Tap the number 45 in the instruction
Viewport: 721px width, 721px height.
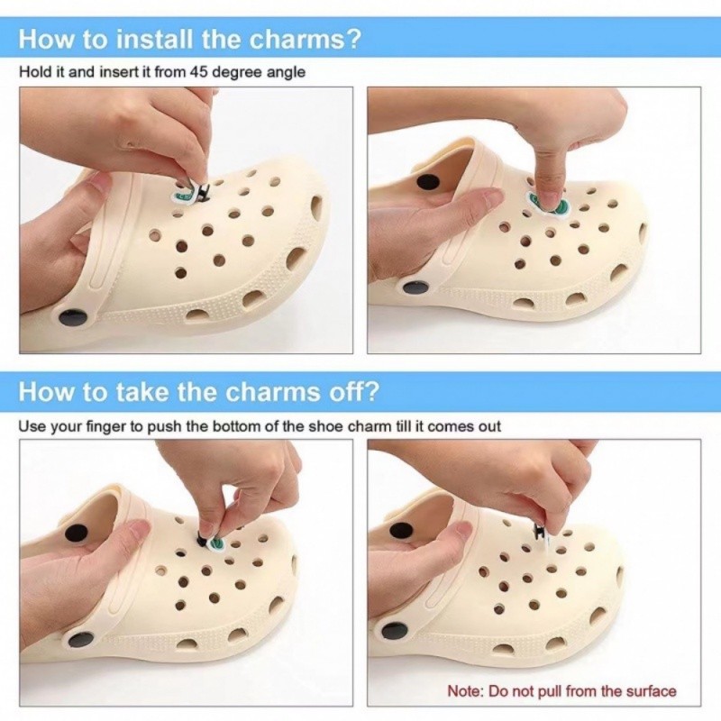(x=200, y=71)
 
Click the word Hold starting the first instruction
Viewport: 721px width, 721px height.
(x=33, y=71)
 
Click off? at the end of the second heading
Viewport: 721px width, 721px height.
(x=352, y=392)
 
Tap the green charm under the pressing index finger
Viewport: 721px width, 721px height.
(x=548, y=204)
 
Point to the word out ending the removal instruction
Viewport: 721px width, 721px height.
(x=488, y=424)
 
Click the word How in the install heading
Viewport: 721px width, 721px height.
(x=42, y=41)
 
